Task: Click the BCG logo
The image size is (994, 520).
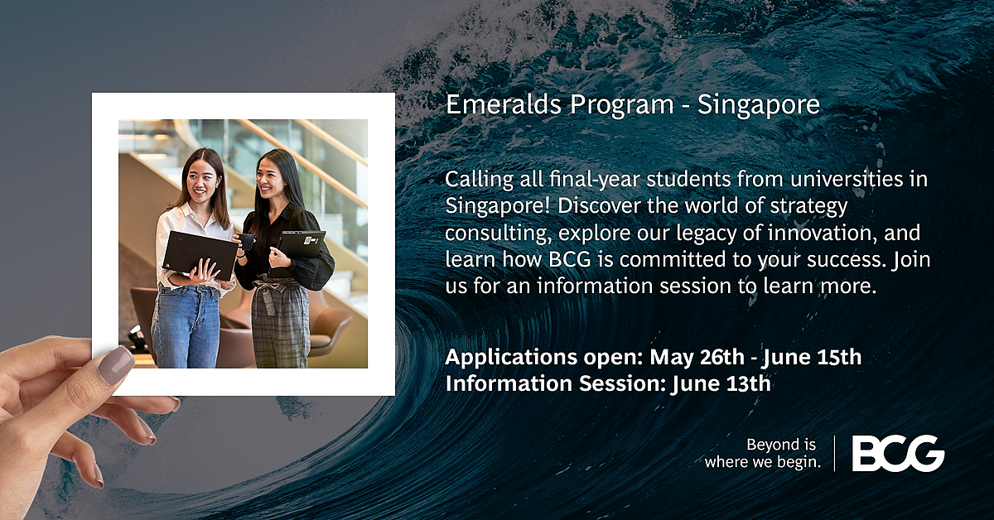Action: (898, 453)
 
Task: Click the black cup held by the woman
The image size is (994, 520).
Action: (247, 241)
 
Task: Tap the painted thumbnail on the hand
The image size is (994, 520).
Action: (115, 364)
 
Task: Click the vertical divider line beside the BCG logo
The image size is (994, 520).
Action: (834, 453)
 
